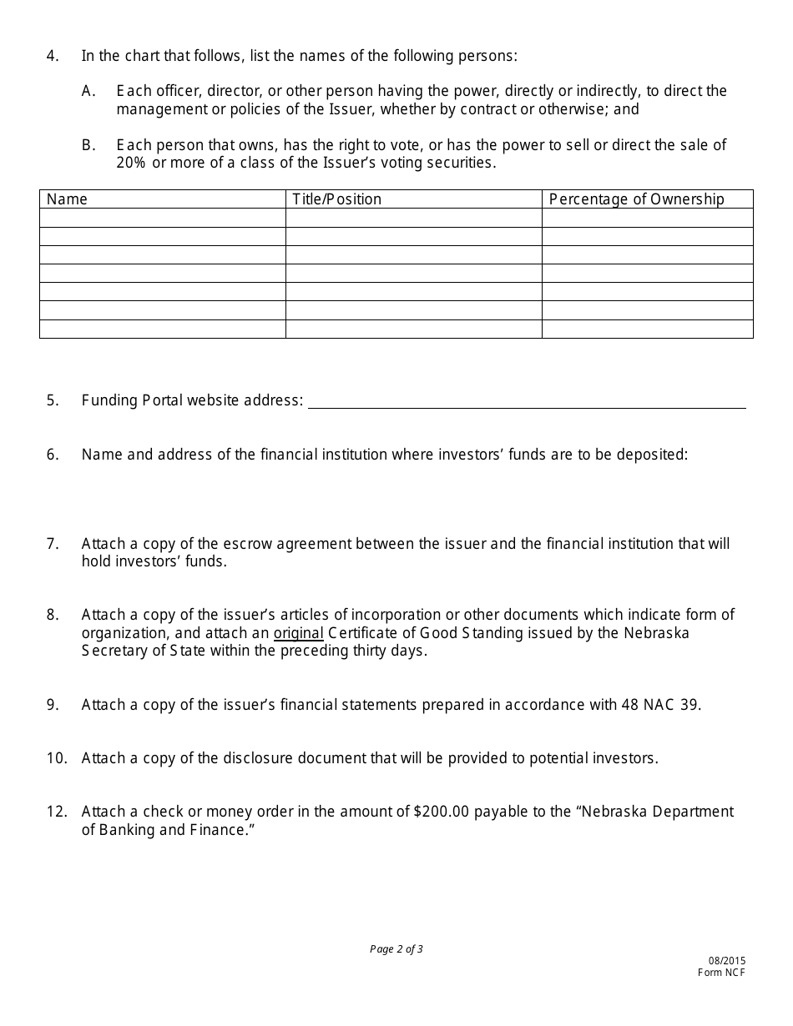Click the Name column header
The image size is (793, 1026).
point(67,199)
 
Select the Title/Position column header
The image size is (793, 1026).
point(336,199)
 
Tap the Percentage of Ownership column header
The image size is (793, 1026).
point(636,199)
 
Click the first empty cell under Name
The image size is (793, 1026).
point(163,219)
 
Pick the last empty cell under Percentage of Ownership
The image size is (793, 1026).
point(647,329)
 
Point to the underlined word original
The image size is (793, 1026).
point(298,633)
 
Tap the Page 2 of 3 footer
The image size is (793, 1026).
point(396,949)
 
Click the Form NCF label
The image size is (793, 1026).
point(722,973)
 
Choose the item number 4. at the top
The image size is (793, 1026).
point(53,56)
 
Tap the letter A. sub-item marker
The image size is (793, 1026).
point(88,91)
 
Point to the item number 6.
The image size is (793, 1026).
point(53,455)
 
